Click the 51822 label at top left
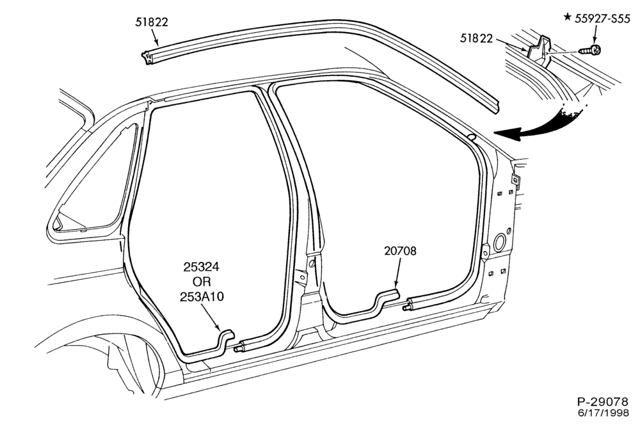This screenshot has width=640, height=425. click(x=152, y=22)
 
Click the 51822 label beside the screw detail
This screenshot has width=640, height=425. click(x=476, y=38)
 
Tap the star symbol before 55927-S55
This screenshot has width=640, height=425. click(x=567, y=17)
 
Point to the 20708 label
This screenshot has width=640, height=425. click(x=400, y=251)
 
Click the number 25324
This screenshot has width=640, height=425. click(x=201, y=267)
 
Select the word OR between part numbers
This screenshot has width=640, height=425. click(x=202, y=282)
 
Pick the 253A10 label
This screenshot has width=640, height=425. click(x=202, y=296)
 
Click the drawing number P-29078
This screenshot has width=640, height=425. click(x=604, y=401)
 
